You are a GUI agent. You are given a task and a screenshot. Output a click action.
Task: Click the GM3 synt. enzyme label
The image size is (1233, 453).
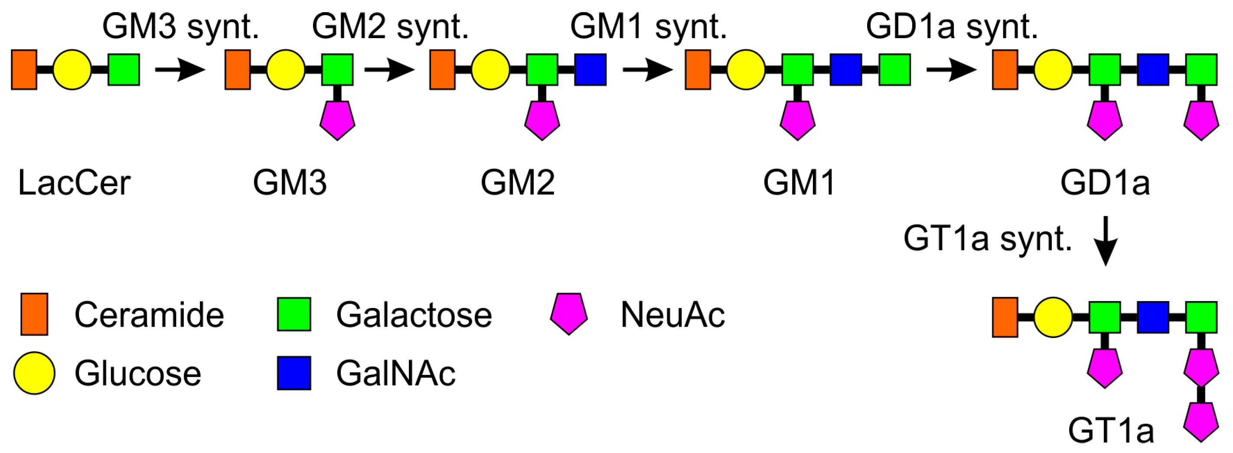click(x=180, y=27)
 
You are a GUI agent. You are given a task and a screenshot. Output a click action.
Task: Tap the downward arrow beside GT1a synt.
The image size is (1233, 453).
click(x=1105, y=241)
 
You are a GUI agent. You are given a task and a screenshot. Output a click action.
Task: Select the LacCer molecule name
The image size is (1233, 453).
click(x=74, y=183)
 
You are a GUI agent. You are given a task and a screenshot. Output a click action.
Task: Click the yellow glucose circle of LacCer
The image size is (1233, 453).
click(x=72, y=69)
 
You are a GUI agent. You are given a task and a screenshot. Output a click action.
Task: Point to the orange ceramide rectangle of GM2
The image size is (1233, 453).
click(x=442, y=69)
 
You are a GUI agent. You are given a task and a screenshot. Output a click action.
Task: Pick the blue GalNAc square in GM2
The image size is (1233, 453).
click(x=590, y=69)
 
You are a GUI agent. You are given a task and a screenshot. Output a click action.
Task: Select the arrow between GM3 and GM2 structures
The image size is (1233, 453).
click(x=388, y=69)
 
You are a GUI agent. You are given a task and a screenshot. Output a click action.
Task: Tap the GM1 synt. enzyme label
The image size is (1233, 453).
click(x=648, y=27)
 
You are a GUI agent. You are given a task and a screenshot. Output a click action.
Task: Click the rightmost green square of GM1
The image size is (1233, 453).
click(x=894, y=69)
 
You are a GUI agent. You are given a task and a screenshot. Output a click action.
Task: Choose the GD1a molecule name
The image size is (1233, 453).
click(x=1105, y=183)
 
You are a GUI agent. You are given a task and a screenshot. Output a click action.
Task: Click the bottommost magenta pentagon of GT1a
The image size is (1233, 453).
click(x=1201, y=421)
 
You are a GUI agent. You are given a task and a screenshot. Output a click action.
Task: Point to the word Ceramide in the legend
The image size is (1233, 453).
click(x=149, y=315)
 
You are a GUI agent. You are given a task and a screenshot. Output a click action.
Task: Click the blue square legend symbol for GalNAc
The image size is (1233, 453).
click(x=294, y=373)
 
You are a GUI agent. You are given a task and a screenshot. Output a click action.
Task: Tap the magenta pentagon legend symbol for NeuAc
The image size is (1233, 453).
click(x=569, y=314)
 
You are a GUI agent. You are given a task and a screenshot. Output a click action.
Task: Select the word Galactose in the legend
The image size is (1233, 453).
click(x=414, y=315)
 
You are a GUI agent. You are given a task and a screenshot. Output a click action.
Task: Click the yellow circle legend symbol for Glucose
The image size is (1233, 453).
click(x=34, y=373)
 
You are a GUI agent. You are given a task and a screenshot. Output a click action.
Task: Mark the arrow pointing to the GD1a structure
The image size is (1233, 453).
click(x=951, y=69)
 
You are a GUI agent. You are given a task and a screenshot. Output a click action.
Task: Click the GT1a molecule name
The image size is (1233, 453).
click(x=1110, y=431)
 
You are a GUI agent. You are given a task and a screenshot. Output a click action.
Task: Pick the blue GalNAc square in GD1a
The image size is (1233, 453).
click(x=1153, y=69)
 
